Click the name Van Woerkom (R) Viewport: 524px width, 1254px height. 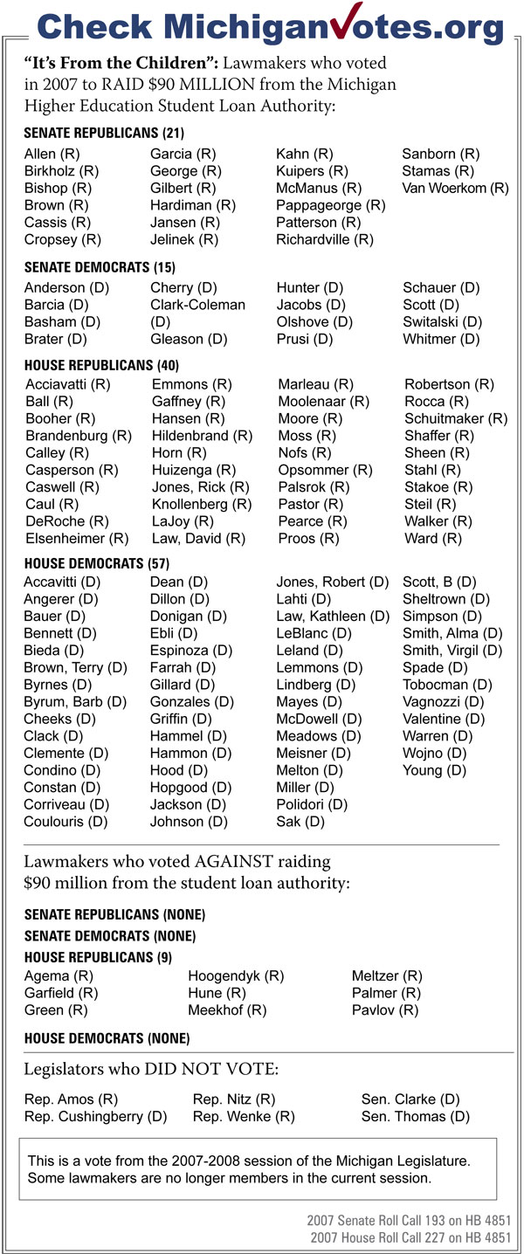pyautogui.click(x=455, y=188)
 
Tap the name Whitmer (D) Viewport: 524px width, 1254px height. pyautogui.click(x=441, y=339)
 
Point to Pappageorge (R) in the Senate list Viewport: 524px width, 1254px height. pyautogui.click(x=331, y=205)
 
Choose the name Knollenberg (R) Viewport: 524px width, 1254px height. pyautogui.click(x=202, y=504)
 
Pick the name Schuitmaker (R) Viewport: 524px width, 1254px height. pyautogui.click(x=456, y=418)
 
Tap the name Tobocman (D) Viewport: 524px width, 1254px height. pyautogui.click(x=447, y=685)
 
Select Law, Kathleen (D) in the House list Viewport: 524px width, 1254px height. pyautogui.click(x=333, y=617)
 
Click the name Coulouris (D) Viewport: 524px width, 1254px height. pyautogui.click(x=66, y=822)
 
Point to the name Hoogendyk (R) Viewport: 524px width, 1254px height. pyautogui.click(x=236, y=976)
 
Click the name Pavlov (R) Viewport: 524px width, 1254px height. pyautogui.click(x=385, y=1010)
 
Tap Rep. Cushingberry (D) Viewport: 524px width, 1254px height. pyautogui.click(x=95, y=1117)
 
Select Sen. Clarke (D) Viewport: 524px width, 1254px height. pyautogui.click(x=410, y=1099)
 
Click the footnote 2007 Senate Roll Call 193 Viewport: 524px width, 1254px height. pyautogui.click(x=408, y=1220)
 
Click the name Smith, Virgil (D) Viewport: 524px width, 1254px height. pyautogui.click(x=452, y=651)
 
